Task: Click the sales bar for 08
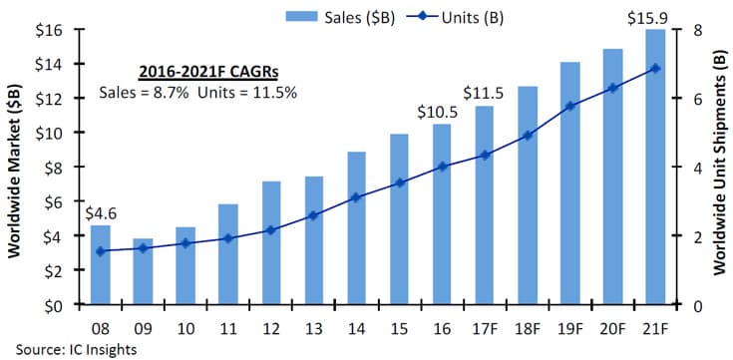coord(101,265)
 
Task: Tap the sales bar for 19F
coord(569,183)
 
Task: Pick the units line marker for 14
coord(356,197)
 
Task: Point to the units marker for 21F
coord(655,68)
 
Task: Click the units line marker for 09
coord(143,248)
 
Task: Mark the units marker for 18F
coord(528,136)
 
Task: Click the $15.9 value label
coord(648,18)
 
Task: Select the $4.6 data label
coord(101,213)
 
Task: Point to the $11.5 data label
coord(484,94)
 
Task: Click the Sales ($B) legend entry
coord(341,17)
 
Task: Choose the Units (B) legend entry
coord(455,17)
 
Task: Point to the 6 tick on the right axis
coord(684,98)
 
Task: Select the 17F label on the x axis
coord(485,328)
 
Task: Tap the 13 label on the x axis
coord(314,328)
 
